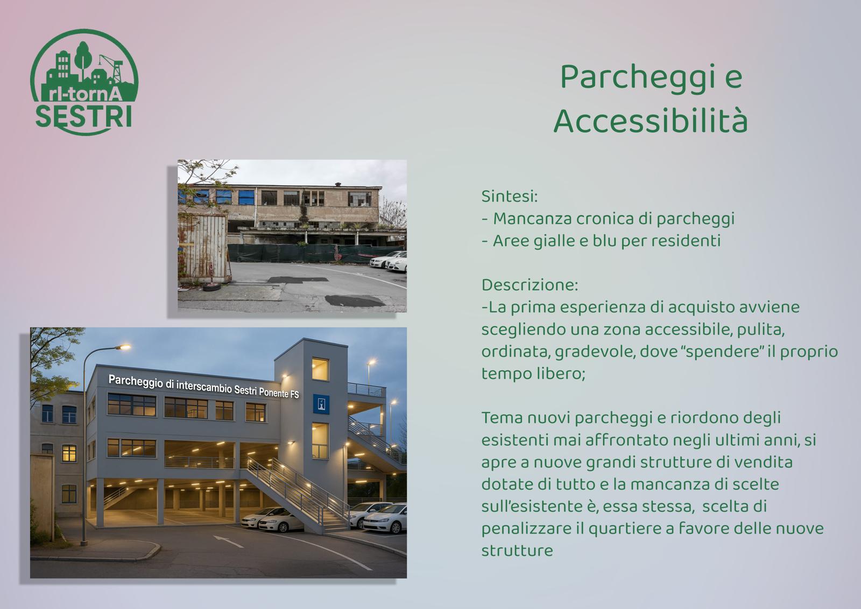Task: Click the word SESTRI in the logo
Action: tap(84, 116)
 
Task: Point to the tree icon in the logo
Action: tap(83, 59)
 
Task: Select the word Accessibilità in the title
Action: tap(651, 120)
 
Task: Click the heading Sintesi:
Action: tap(510, 196)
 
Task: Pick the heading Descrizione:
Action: tap(530, 285)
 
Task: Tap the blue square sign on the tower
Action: tap(321, 404)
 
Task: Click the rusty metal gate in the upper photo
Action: tap(202, 247)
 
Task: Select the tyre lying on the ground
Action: tap(212, 286)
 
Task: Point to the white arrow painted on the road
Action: tap(228, 541)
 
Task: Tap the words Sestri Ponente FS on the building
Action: tap(266, 391)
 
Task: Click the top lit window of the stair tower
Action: tap(320, 369)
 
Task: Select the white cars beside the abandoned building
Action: tap(389, 261)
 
